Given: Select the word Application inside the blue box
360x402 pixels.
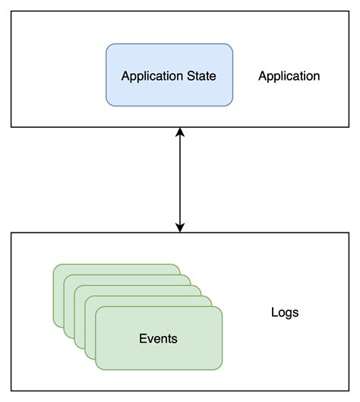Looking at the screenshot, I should (151, 76).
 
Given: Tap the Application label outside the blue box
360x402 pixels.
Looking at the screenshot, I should (289, 76).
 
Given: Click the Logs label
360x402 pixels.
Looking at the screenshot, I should (285, 312).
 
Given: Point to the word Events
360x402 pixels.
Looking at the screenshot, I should (158, 338).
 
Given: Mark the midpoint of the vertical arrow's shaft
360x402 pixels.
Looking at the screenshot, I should (180, 179).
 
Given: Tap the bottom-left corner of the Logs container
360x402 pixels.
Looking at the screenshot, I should (11, 391).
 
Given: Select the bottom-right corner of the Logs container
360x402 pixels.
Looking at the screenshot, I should (349, 391).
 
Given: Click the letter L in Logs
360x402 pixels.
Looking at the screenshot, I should (274, 312).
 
